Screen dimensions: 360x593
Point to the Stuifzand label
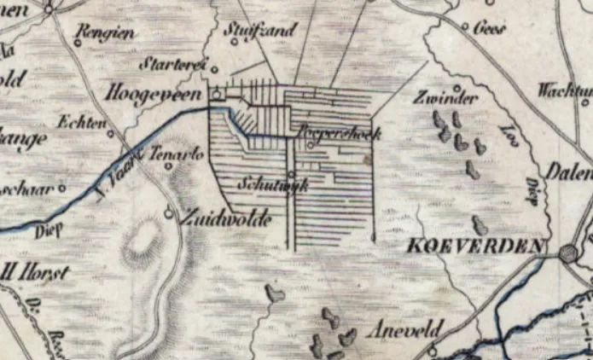[x=261, y=31]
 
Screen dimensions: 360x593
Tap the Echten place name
[x=78, y=122]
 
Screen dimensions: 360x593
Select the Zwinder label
[x=445, y=97]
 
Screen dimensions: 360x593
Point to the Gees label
[x=489, y=27]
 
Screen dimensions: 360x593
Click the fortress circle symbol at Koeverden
[x=569, y=252]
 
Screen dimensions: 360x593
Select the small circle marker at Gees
[x=465, y=27]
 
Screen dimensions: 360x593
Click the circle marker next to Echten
[x=111, y=133]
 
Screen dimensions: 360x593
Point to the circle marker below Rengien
[x=77, y=43]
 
